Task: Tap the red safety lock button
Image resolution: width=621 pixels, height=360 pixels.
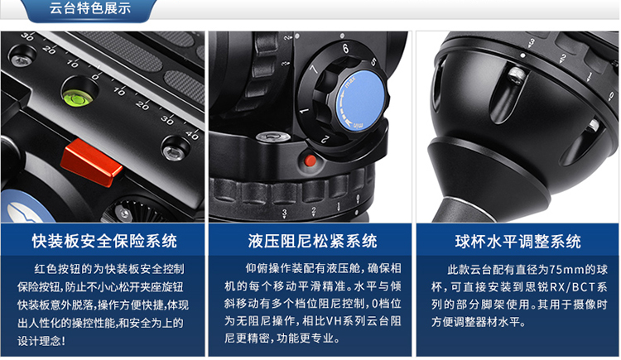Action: pyautogui.click(x=91, y=163)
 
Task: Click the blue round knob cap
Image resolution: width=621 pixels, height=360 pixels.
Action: pyautogui.click(x=360, y=102)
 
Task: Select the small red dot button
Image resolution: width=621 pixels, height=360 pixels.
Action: pyautogui.click(x=310, y=161)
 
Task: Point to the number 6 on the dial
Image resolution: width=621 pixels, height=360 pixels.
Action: pyautogui.click(x=346, y=48)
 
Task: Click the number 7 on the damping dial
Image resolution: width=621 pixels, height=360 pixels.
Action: pyautogui.click(x=314, y=70)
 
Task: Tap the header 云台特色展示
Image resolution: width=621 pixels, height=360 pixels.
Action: pyautogui.click(x=90, y=8)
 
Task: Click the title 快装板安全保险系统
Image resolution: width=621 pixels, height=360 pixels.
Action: pyautogui.click(x=104, y=241)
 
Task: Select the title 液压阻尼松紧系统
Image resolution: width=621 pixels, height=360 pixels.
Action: pyautogui.click(x=312, y=241)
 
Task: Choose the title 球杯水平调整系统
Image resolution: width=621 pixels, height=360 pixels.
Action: pyautogui.click(x=518, y=241)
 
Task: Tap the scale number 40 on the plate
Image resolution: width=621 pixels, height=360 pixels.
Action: pyautogui.click(x=192, y=135)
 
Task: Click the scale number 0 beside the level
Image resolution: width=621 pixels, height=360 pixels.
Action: pyautogui.click(x=95, y=76)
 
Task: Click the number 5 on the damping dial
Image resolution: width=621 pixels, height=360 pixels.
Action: pyautogui.click(x=373, y=62)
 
